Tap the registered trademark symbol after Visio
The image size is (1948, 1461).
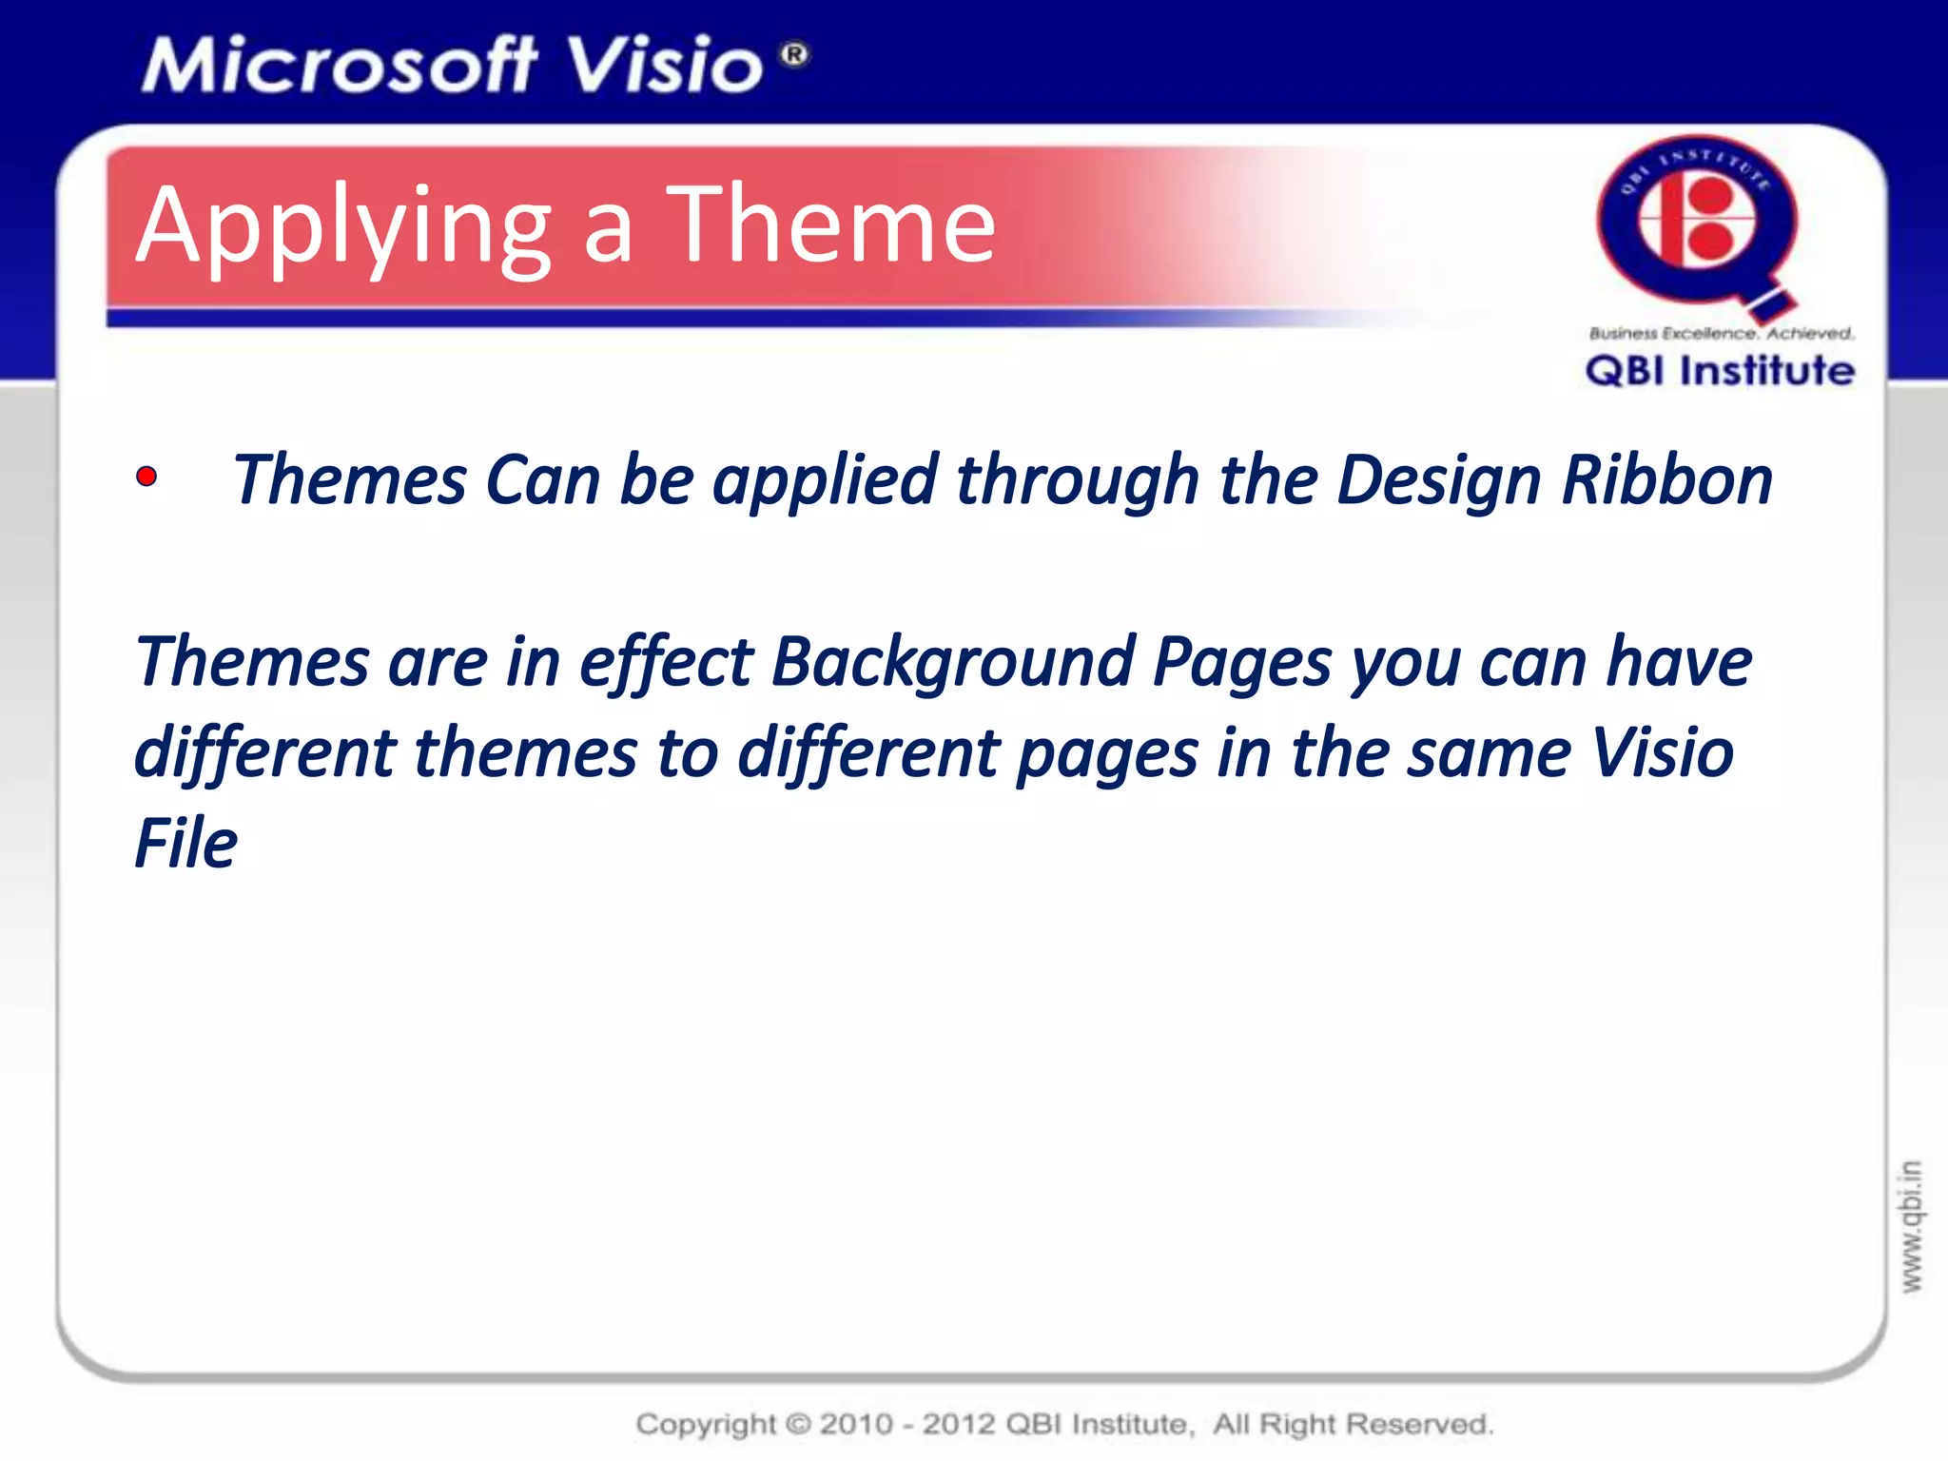(795, 55)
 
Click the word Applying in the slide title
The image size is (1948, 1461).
(343, 228)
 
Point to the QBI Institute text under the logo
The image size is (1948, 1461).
(1720, 370)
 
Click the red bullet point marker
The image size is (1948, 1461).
(146, 477)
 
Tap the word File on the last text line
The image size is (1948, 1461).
(185, 843)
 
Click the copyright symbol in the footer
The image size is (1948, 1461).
(799, 1424)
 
